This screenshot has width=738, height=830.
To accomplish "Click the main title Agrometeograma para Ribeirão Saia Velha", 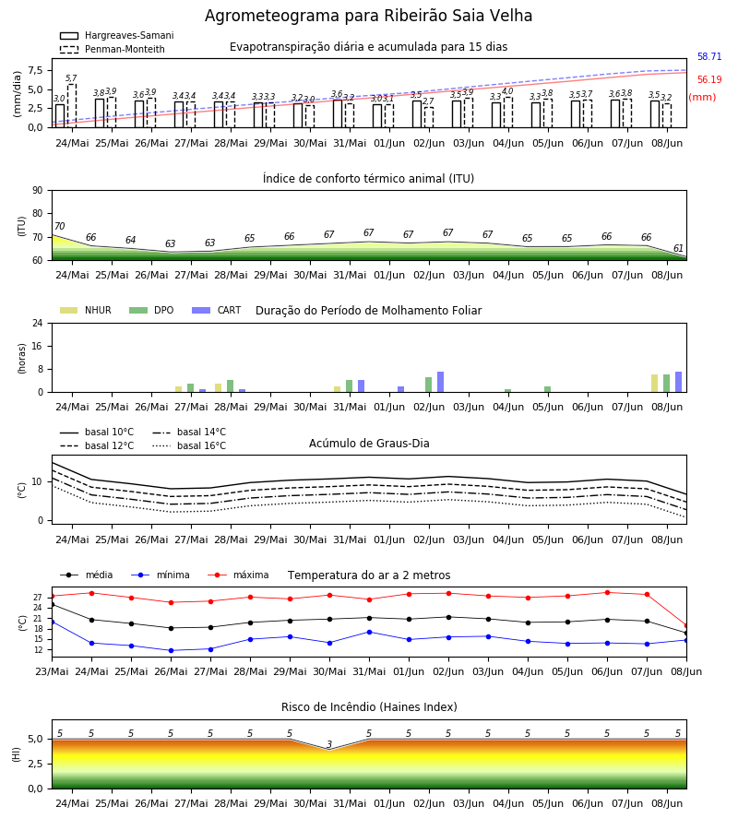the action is (368, 16).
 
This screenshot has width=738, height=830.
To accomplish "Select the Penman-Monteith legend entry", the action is (113, 49).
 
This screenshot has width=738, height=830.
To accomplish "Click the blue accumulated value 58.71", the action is (709, 56).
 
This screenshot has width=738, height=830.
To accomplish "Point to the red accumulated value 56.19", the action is (709, 80).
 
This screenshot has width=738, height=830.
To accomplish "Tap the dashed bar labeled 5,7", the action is (71, 106).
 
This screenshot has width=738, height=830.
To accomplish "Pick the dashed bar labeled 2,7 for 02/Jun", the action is (429, 117).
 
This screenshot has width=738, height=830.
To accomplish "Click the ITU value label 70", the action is (60, 226).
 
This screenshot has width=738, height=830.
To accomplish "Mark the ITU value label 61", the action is (678, 248).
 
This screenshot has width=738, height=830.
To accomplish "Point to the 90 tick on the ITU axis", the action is (38, 191).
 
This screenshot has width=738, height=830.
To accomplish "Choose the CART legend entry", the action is (217, 310).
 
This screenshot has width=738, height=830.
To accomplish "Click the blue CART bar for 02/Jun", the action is (440, 382).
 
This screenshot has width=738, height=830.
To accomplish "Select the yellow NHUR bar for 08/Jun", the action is (654, 384).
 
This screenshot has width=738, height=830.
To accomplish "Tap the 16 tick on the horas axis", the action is (38, 346).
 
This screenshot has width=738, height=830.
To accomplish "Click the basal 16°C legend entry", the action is (189, 445).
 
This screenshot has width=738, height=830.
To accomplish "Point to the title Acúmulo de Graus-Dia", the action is (369, 444).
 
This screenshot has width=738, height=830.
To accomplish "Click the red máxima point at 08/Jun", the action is (686, 625).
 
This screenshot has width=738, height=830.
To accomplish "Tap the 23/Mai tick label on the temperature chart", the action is (52, 671).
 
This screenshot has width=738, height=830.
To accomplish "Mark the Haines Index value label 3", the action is (329, 744).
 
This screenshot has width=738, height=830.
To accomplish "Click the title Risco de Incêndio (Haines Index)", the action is (369, 707).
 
